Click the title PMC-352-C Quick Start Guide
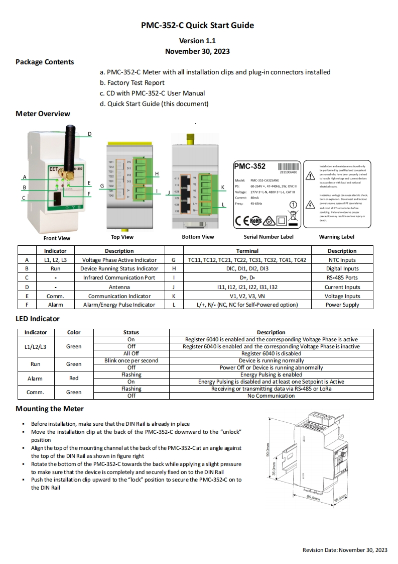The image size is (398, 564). pos(197,26)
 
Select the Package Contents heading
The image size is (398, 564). pos(45,62)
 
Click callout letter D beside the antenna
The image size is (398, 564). pos(89,134)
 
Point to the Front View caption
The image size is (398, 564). pos(57,238)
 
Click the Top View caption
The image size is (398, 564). pos(122,237)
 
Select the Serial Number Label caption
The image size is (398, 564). pos(269,237)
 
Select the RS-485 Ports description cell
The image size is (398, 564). pos(342,277)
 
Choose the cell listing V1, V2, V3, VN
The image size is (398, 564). pos(247,296)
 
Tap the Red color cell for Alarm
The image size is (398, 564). pos(74,378)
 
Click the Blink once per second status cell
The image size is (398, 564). pos(131,360)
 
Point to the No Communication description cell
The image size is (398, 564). pos(271,396)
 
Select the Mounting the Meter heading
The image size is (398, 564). pos(50,409)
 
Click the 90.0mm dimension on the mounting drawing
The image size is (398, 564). pos(268,449)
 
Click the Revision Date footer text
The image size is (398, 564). pos(345,550)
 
